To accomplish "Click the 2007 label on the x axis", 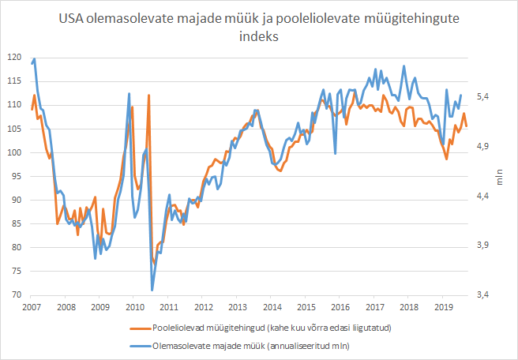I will (31, 306).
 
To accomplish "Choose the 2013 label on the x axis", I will (237, 306).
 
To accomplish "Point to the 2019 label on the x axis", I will (443, 306).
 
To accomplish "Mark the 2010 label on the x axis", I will (134, 306).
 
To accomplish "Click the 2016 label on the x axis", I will (340, 306).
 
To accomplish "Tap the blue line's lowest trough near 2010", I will (152, 290).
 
